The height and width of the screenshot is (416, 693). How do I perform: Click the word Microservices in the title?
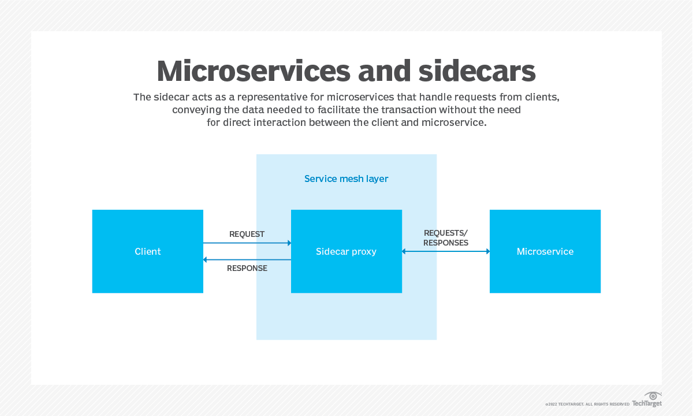[254, 72]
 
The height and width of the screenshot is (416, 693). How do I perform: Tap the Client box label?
[148, 251]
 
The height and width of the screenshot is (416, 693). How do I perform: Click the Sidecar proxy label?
[346, 251]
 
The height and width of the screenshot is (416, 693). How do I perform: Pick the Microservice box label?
[545, 251]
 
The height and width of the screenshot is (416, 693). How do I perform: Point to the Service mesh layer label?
[346, 179]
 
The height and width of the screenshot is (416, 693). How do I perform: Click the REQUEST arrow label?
[247, 234]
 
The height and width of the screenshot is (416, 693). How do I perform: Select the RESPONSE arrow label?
[247, 268]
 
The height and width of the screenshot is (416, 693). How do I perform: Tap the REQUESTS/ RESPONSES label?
[445, 237]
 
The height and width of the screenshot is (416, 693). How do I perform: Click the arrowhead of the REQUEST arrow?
[288, 243]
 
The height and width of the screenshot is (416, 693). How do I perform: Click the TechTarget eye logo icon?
[654, 396]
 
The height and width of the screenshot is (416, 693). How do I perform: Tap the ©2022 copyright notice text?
[587, 404]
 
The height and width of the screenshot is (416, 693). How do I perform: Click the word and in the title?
[383, 72]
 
